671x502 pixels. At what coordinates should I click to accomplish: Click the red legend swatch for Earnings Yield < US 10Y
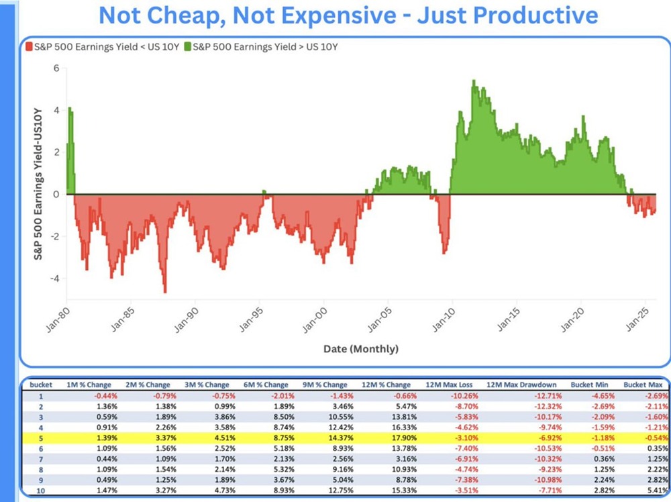coord(29,48)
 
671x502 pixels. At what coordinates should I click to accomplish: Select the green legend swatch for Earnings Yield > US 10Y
coord(187,48)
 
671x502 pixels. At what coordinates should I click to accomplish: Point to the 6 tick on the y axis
coord(57,68)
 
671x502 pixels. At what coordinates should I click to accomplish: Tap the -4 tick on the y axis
coord(55,278)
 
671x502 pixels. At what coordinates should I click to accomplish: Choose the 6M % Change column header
coord(267,385)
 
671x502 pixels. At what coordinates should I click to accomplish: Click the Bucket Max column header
coord(643,385)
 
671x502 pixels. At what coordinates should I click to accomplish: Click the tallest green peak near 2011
coord(473,81)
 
